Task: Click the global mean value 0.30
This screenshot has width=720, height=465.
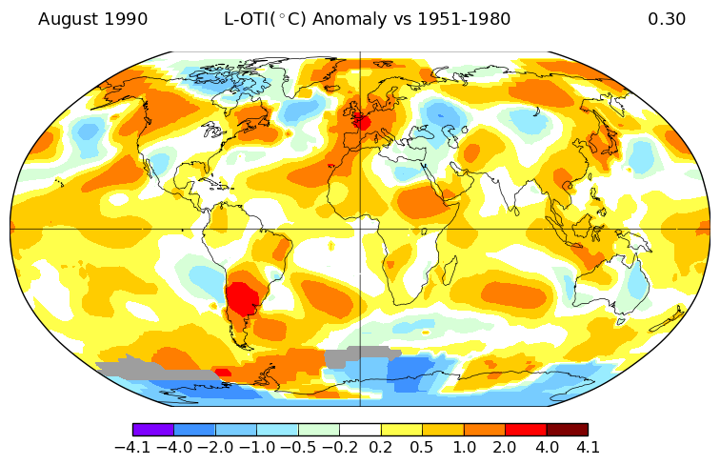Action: [666, 19]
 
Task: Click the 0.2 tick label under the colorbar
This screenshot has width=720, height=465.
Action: [381, 447]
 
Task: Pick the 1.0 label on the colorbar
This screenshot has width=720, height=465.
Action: [464, 447]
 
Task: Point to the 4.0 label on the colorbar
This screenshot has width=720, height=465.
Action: [547, 447]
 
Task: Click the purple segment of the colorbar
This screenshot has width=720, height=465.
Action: [152, 430]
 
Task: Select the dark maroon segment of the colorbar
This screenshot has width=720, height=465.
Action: [567, 430]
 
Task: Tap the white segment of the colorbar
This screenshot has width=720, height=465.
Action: [360, 430]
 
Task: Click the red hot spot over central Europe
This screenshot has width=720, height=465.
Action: [362, 122]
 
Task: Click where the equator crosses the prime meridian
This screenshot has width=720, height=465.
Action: [360, 229]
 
